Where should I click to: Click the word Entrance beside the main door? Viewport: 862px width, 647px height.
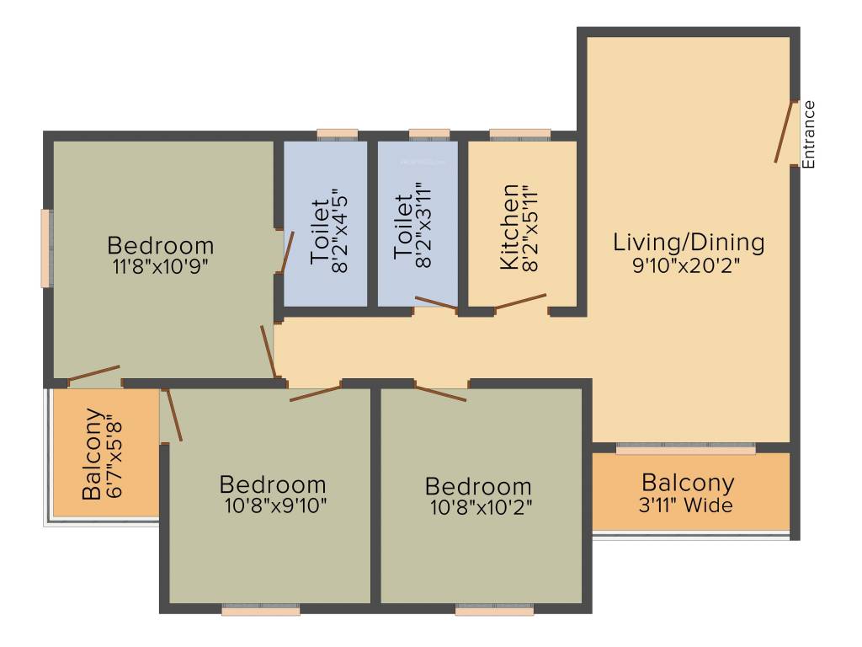pos(809,135)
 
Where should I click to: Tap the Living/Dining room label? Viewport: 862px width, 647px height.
pos(689,243)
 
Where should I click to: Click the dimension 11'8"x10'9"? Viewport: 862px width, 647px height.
pos(161,267)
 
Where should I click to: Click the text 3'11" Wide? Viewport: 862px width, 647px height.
pos(688,506)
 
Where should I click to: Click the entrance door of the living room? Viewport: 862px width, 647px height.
pos(786,131)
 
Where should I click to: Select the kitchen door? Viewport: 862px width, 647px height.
pos(520,302)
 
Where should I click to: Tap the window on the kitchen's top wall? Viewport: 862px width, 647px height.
pos(519,134)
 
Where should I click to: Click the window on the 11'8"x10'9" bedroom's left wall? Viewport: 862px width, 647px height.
pos(48,249)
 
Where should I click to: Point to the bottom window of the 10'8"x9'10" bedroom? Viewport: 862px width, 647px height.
pos(261,609)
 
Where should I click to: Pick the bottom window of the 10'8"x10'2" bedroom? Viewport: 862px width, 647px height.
pos(494,609)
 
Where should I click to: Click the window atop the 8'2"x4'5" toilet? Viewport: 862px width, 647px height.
pos(337,134)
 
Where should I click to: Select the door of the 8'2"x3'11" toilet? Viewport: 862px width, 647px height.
pos(436,302)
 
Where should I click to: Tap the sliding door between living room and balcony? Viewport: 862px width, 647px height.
pos(685,449)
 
